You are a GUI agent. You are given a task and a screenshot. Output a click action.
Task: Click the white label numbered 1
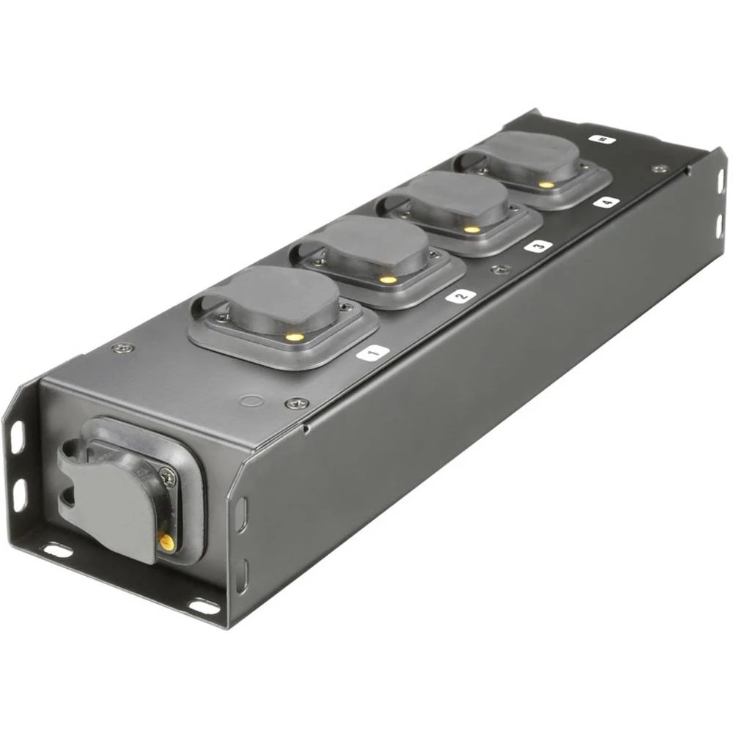[x=372, y=353]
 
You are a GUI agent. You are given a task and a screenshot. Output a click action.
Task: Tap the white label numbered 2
[x=460, y=296]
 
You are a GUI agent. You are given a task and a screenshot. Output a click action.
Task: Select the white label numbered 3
[x=538, y=246]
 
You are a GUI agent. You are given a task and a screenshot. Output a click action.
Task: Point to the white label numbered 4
[x=607, y=202]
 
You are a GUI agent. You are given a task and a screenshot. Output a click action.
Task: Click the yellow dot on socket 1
[x=295, y=336]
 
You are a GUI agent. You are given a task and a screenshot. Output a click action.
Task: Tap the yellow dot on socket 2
[x=388, y=280]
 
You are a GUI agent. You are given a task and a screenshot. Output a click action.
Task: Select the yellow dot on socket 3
[x=472, y=229]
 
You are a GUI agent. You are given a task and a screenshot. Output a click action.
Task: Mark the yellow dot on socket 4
[x=543, y=185]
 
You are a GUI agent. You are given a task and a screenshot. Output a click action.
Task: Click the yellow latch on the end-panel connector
[x=166, y=542]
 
